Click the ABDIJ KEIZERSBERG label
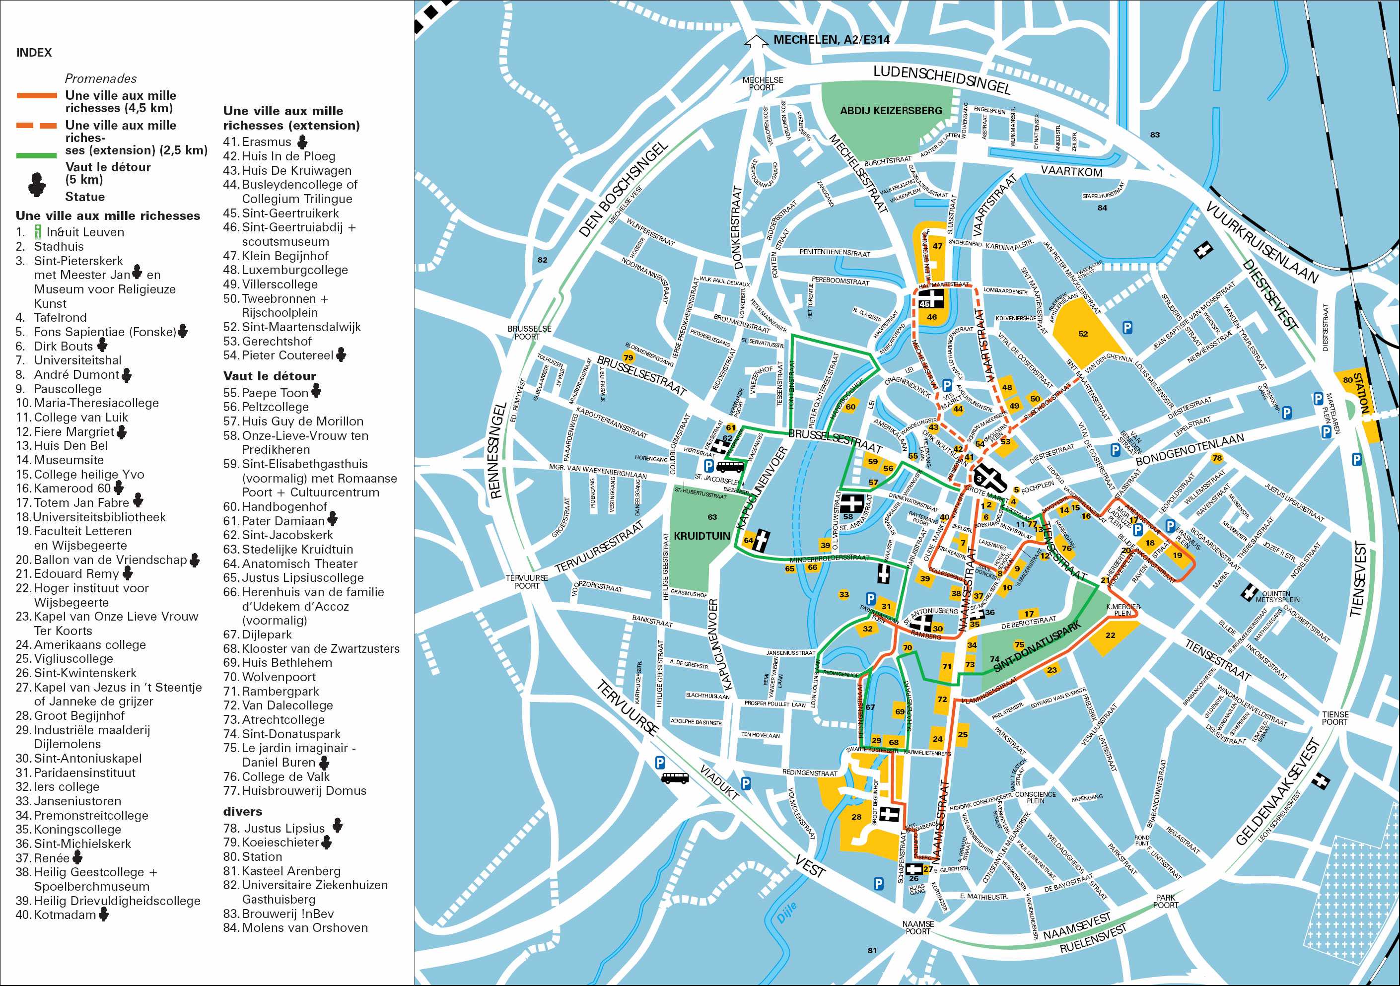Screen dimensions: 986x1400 (x=891, y=111)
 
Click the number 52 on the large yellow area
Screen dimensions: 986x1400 (x=1082, y=334)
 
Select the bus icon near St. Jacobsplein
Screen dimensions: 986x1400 (x=729, y=468)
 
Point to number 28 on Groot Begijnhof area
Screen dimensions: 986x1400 (x=856, y=817)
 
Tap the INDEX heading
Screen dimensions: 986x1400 (x=34, y=53)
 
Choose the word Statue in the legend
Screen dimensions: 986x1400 (x=85, y=197)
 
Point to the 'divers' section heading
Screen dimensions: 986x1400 (x=243, y=812)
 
